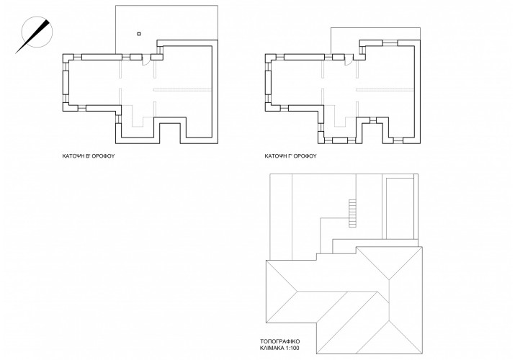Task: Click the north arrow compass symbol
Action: (x=34, y=35)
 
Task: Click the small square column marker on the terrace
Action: (x=139, y=33)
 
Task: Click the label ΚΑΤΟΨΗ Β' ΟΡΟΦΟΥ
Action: (x=89, y=156)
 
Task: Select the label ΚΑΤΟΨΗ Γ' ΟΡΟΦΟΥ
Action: (x=291, y=156)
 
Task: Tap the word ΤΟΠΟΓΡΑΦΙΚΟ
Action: (x=280, y=341)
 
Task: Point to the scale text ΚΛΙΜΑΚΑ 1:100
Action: (x=280, y=348)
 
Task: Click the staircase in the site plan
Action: (x=352, y=213)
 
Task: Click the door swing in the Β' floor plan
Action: (x=146, y=61)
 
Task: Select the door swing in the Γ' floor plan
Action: (x=349, y=61)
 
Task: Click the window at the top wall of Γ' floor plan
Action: (x=390, y=43)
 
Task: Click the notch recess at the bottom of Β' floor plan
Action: (x=170, y=133)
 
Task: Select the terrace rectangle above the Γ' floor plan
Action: (x=375, y=40)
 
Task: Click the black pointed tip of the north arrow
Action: (x=48, y=21)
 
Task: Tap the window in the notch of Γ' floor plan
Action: (x=372, y=120)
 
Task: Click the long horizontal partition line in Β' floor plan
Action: (x=182, y=89)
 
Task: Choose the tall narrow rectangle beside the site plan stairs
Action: (x=399, y=209)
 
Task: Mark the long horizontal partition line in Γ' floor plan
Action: (x=385, y=89)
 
